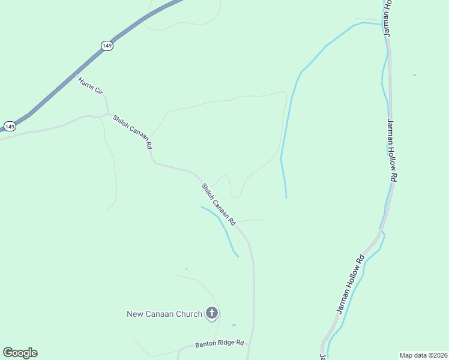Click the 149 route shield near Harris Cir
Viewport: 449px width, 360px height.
pyautogui.click(x=107, y=46)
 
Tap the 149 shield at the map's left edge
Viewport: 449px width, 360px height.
pyautogui.click(x=10, y=126)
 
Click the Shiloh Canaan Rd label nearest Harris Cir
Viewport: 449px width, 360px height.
pyautogui.click(x=133, y=132)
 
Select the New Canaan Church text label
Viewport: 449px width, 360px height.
pyautogui.click(x=164, y=313)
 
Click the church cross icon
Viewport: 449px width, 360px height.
pyautogui.click(x=211, y=313)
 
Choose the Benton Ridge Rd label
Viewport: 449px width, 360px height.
pyautogui.click(x=220, y=344)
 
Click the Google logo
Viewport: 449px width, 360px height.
pyautogui.click(x=20, y=353)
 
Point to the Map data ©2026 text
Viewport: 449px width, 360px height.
pyautogui.click(x=424, y=355)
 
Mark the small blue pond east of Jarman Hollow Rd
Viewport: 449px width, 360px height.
pyautogui.click(x=414, y=75)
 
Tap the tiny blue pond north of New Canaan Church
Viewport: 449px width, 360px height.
pyautogui.click(x=186, y=268)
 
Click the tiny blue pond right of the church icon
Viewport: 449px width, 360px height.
pyautogui.click(x=234, y=325)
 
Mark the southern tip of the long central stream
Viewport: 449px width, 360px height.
pyautogui.click(x=286, y=197)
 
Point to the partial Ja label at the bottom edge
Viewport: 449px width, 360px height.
pyautogui.click(x=322, y=356)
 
